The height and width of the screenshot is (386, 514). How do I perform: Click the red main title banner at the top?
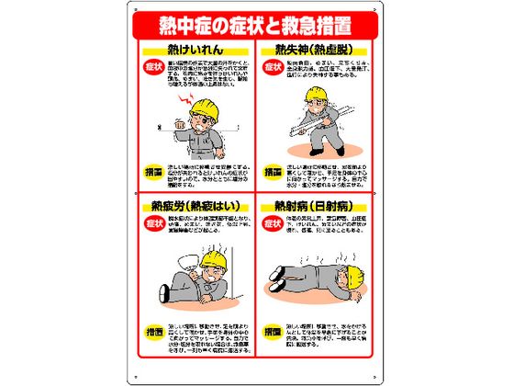(x=256, y=23)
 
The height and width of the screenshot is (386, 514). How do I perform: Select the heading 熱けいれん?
(x=194, y=48)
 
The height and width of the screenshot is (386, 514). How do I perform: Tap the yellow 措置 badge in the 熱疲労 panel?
(x=153, y=328)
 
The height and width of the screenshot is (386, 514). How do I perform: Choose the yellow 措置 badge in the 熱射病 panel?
(x=273, y=328)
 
